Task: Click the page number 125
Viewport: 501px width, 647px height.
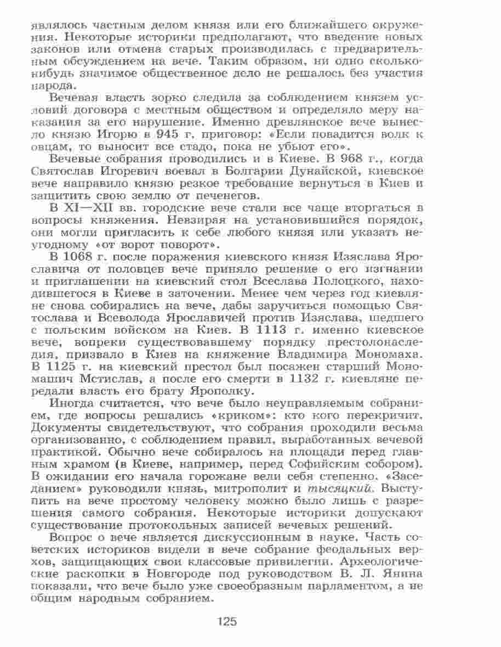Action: pyautogui.click(x=226, y=621)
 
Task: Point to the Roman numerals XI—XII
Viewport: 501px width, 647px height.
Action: pyautogui.click(x=88, y=208)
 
